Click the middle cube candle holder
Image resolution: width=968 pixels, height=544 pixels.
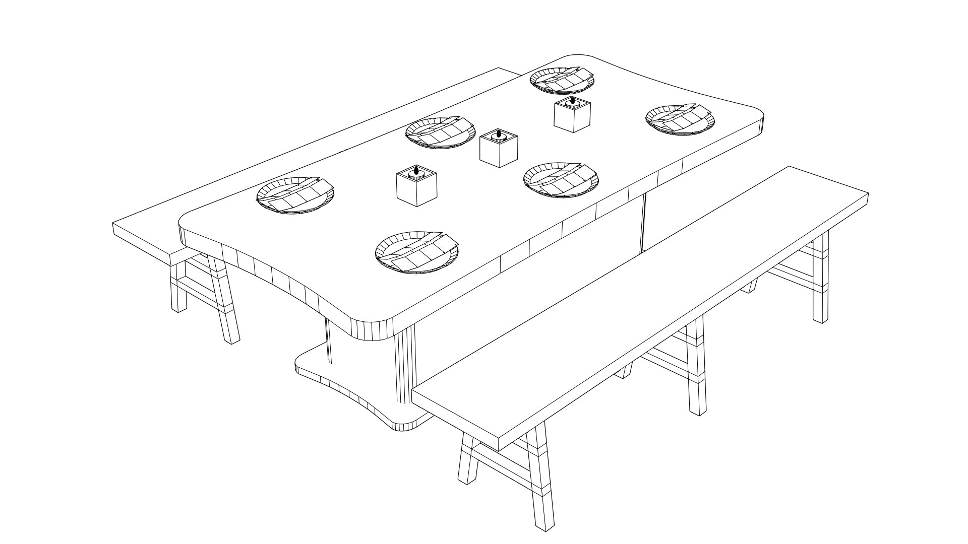pyautogui.click(x=498, y=150)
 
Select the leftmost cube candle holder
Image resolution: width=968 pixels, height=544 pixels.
pyautogui.click(x=416, y=189)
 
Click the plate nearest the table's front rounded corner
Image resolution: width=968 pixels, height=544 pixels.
pyautogui.click(x=416, y=252)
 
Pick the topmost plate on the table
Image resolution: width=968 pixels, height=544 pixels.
pyautogui.click(x=562, y=80)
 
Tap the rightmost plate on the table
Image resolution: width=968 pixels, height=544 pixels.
pyautogui.click(x=680, y=120)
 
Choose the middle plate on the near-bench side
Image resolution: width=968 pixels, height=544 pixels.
pyautogui.click(x=561, y=180)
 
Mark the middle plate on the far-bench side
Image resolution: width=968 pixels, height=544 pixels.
pyautogui.click(x=440, y=132)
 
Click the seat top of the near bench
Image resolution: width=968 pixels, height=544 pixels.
pyautogui.click(x=640, y=307)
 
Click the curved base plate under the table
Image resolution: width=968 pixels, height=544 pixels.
pyautogui.click(x=348, y=383)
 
